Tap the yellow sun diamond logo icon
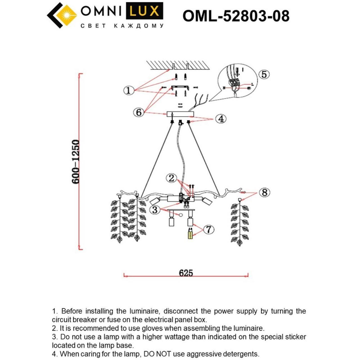pyautogui.click(x=67, y=15)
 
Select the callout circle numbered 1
pyautogui.click(x=129, y=90)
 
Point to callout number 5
pyautogui.click(x=264, y=74)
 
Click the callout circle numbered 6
pyautogui.click(x=139, y=112)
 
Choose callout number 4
pyautogui.click(x=221, y=119)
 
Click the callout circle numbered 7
pyautogui.click(x=208, y=229)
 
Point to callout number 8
pyautogui.click(x=264, y=193)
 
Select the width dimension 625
pyautogui.click(x=186, y=273)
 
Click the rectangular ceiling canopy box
pyautogui.click(x=180, y=114)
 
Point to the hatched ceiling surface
pyautogui.click(x=180, y=65)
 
